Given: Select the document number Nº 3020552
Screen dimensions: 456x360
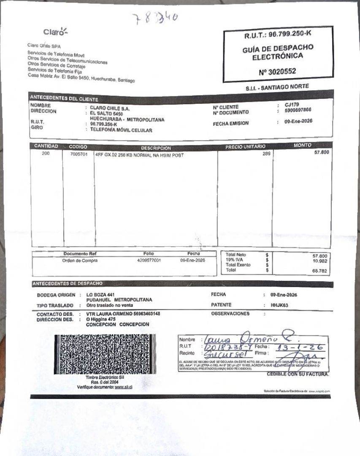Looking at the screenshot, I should pos(277,72).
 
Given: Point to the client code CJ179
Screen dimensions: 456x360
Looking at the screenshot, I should pos(292,105).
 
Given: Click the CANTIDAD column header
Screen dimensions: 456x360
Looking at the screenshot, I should pos(46,146).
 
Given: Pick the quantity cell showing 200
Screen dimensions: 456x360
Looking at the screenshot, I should pos(46,154).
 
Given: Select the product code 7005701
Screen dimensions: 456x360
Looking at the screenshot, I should pos(78,154).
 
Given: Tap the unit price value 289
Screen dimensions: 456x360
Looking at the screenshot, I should pos(266,154).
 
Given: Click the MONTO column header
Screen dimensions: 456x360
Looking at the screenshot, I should pos(302,145).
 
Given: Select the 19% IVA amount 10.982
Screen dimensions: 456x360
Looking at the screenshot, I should pos(321,261).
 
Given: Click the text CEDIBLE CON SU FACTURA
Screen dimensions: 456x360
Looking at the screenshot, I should pos(298,374).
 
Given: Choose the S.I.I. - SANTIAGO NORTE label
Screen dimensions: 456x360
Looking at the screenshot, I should pos(277,87).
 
